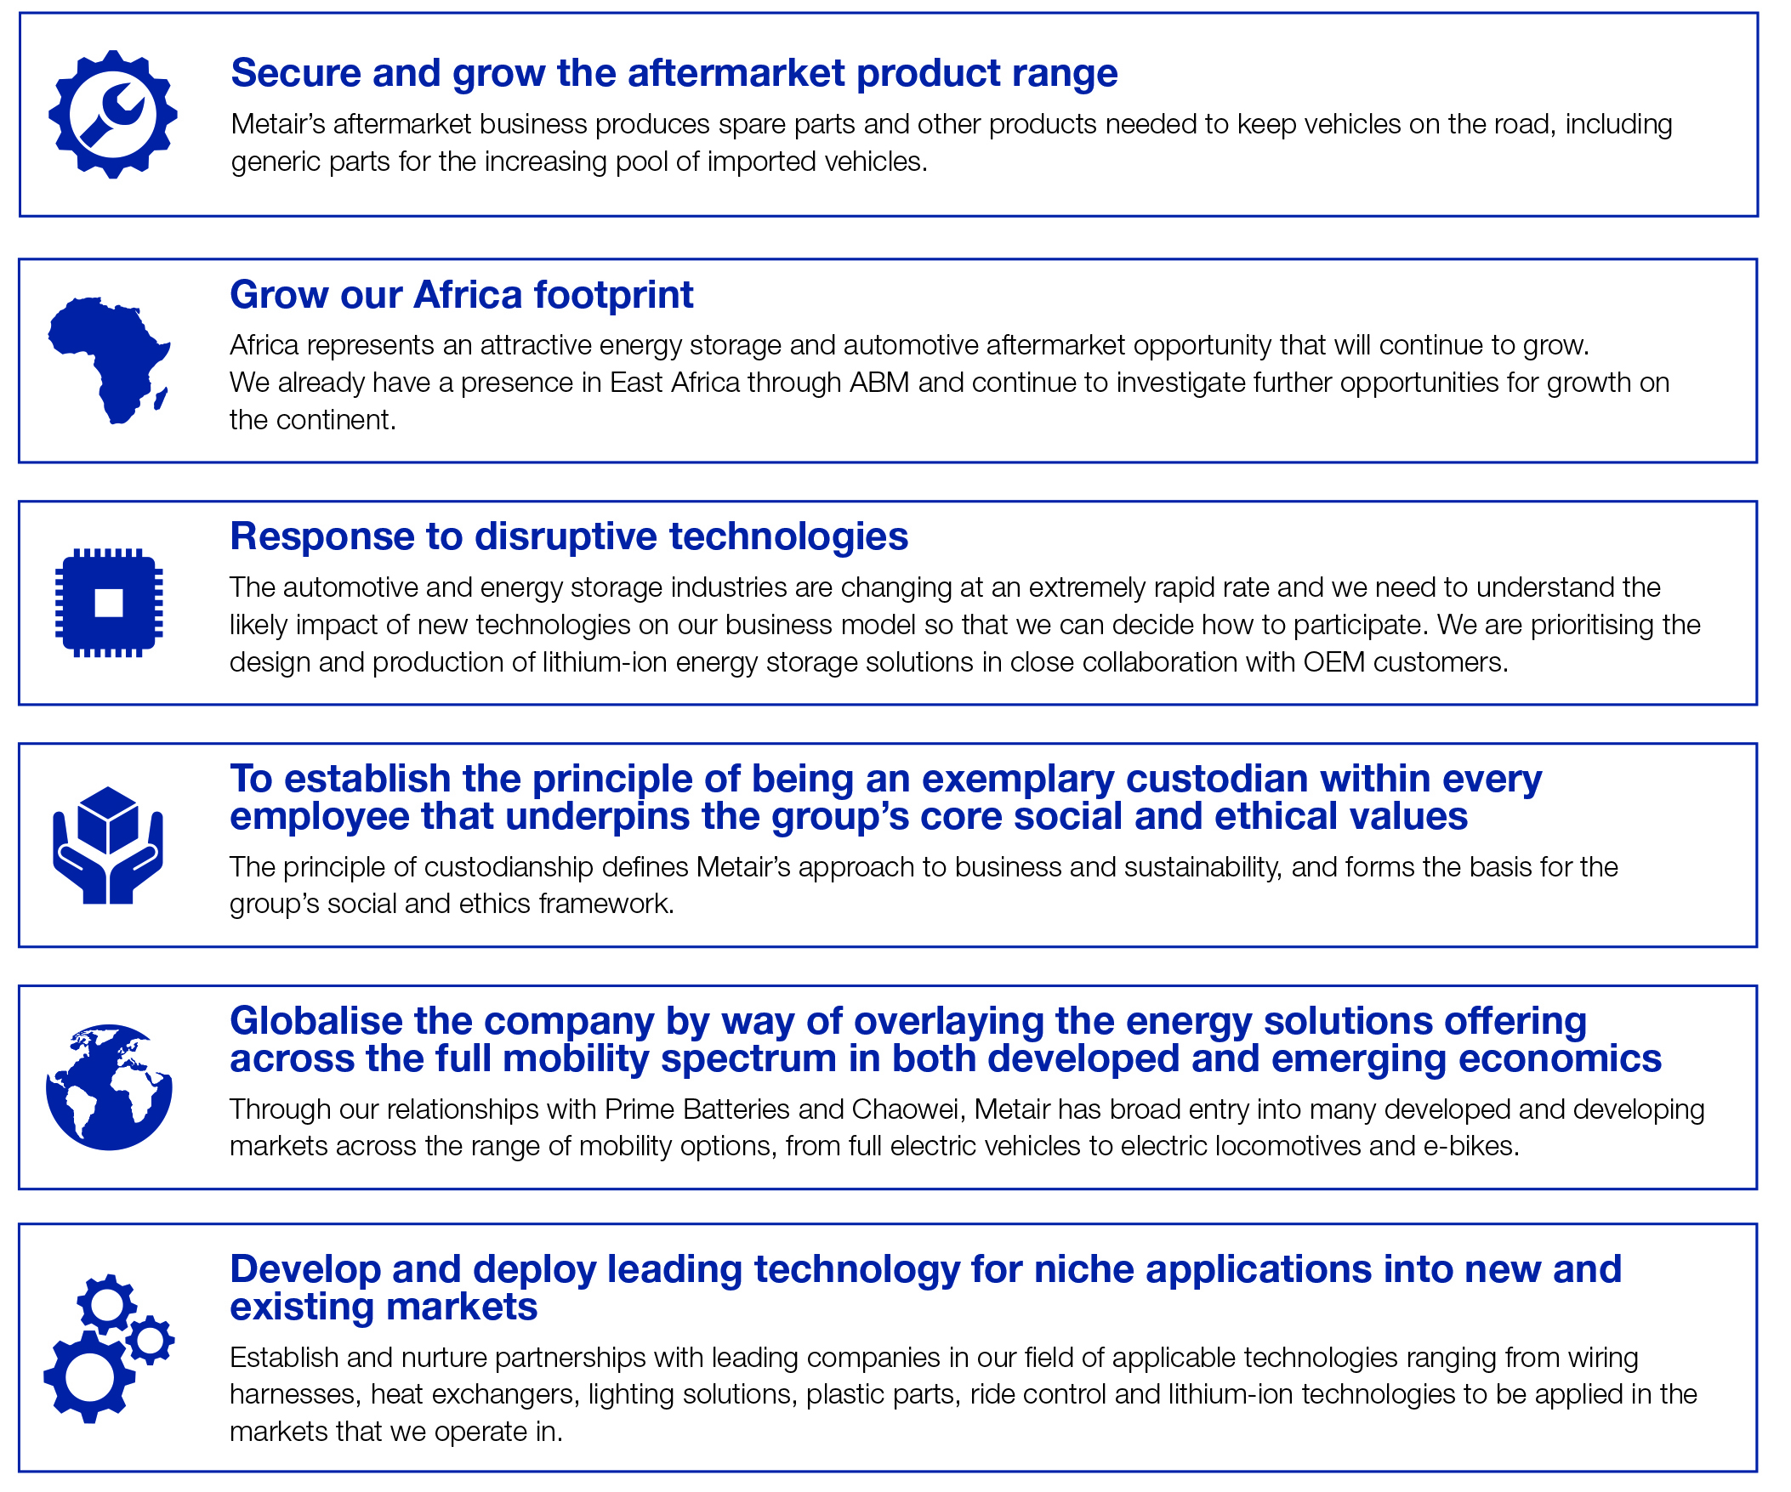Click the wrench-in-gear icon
tap(112, 114)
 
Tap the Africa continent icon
tap(109, 360)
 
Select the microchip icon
tap(109, 603)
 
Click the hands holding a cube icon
tap(108, 845)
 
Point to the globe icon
tap(109, 1087)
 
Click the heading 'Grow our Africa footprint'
tap(462, 295)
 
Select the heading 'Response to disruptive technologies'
tap(569, 536)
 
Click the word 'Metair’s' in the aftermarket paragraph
tap(277, 124)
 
